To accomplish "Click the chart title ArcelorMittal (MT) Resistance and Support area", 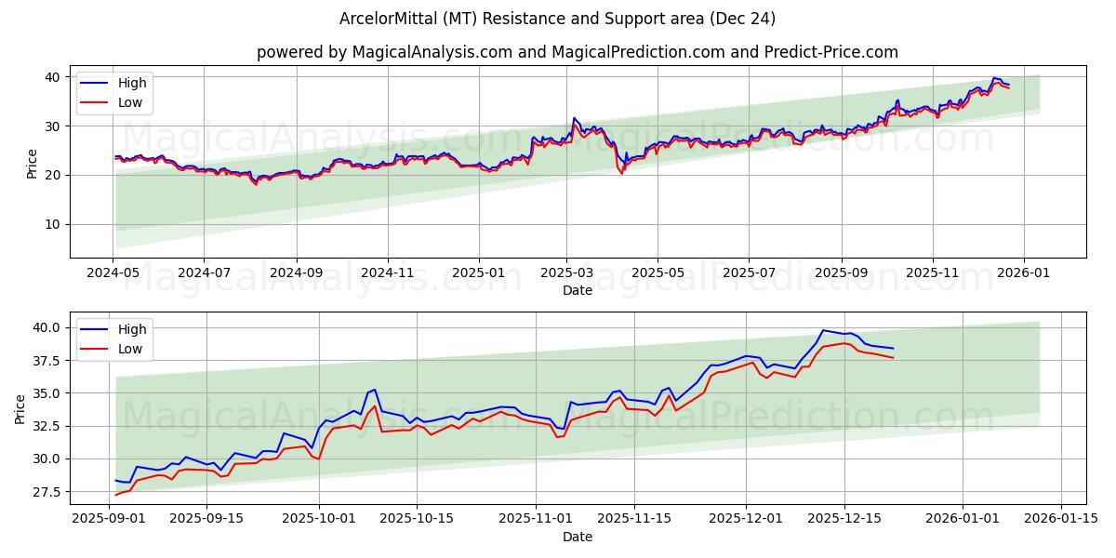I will coord(558,19).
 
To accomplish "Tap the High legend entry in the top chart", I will coord(132,83).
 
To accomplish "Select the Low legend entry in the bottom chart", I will coord(130,349).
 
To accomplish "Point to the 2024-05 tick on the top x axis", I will coord(113,272).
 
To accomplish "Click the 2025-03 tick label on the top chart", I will coord(566,272).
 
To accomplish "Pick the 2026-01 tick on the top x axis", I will coord(1023,272).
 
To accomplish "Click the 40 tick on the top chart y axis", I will coord(53,77).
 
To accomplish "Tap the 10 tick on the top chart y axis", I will coord(53,224).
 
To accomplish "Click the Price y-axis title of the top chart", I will coord(32,163).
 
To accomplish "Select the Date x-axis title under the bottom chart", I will coord(578,537).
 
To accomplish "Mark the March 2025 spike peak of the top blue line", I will coord(574,118).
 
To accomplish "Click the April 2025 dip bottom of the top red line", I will coord(622,174).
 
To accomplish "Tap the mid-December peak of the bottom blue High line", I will coord(823,330).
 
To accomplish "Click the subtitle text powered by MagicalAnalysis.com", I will coord(578,52).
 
